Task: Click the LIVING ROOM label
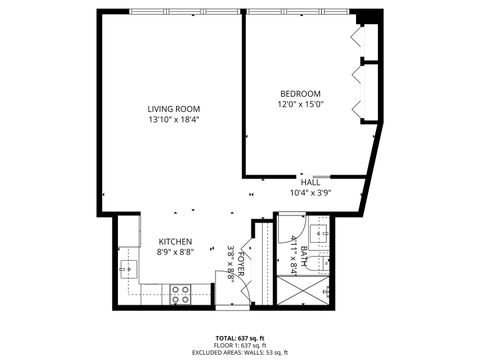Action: [x=174, y=108]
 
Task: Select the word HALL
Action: [x=310, y=182]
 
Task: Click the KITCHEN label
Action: [x=175, y=242]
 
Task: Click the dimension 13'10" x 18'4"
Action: [x=174, y=120]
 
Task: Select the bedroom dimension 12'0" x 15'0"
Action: [x=300, y=103]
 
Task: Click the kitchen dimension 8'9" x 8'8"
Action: [x=175, y=253]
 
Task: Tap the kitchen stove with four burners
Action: [x=180, y=294]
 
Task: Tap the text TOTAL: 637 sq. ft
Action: [x=240, y=337]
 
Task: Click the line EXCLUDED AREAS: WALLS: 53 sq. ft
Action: [x=240, y=353]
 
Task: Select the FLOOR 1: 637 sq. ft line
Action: [x=240, y=345]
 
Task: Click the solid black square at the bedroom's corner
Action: [x=369, y=18]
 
